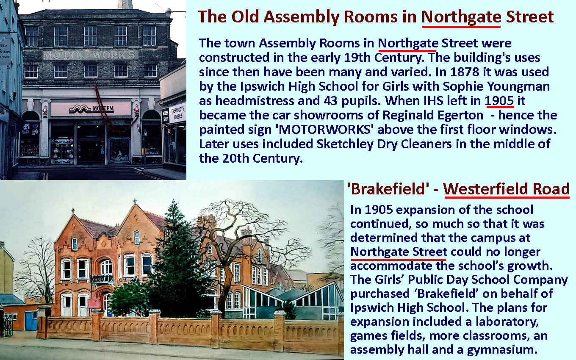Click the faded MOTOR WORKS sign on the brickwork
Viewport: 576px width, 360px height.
coord(89,55)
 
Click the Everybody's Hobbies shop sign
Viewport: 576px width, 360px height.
coord(178,113)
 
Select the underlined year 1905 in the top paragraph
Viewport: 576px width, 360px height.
coord(499,100)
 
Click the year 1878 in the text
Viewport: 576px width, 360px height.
coord(465,72)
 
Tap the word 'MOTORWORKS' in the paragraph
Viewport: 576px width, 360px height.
coord(324,129)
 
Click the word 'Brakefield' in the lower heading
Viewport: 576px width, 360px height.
coord(388,189)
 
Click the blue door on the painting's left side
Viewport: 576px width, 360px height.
coord(31,321)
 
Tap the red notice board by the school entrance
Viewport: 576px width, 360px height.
coord(94,303)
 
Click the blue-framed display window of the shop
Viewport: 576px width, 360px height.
coord(119,151)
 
